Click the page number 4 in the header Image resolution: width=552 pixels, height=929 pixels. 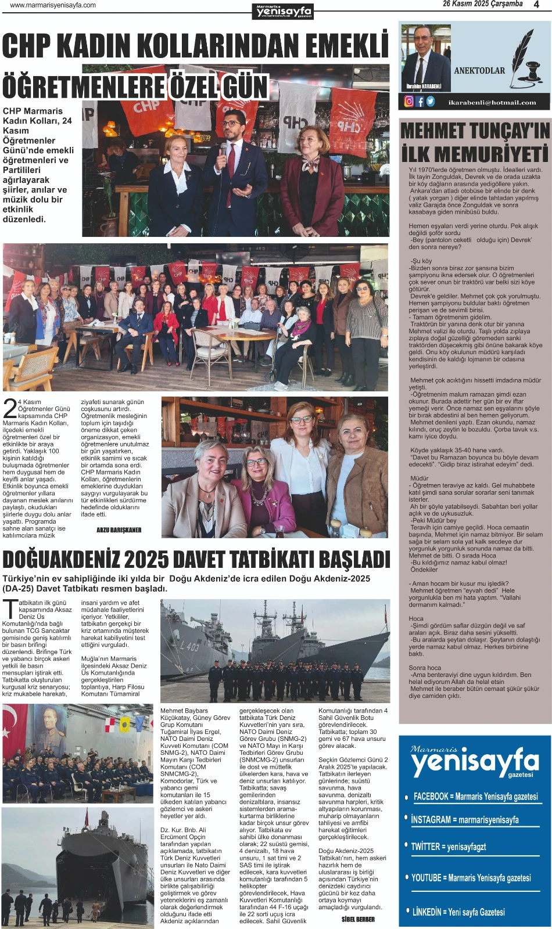coord(536,5)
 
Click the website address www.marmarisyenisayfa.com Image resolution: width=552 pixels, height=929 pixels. coord(53,5)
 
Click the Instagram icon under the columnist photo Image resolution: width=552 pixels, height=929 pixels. coord(409,102)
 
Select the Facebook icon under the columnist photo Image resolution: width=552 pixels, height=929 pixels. coord(420,102)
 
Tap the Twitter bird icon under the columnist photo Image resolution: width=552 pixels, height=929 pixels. coord(431,102)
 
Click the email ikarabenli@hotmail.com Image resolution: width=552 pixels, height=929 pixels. coord(492,102)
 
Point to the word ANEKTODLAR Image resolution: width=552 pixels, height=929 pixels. coord(479,70)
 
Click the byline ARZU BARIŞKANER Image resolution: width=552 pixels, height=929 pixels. coord(119,530)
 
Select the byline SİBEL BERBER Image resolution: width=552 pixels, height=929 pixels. coord(358,919)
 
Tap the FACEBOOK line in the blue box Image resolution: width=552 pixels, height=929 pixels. coord(475,797)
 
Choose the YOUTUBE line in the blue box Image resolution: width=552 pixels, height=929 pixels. coord(471,877)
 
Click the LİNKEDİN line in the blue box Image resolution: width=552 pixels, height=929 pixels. coord(458,912)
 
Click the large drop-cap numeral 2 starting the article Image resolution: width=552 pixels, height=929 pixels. coord(10,408)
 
